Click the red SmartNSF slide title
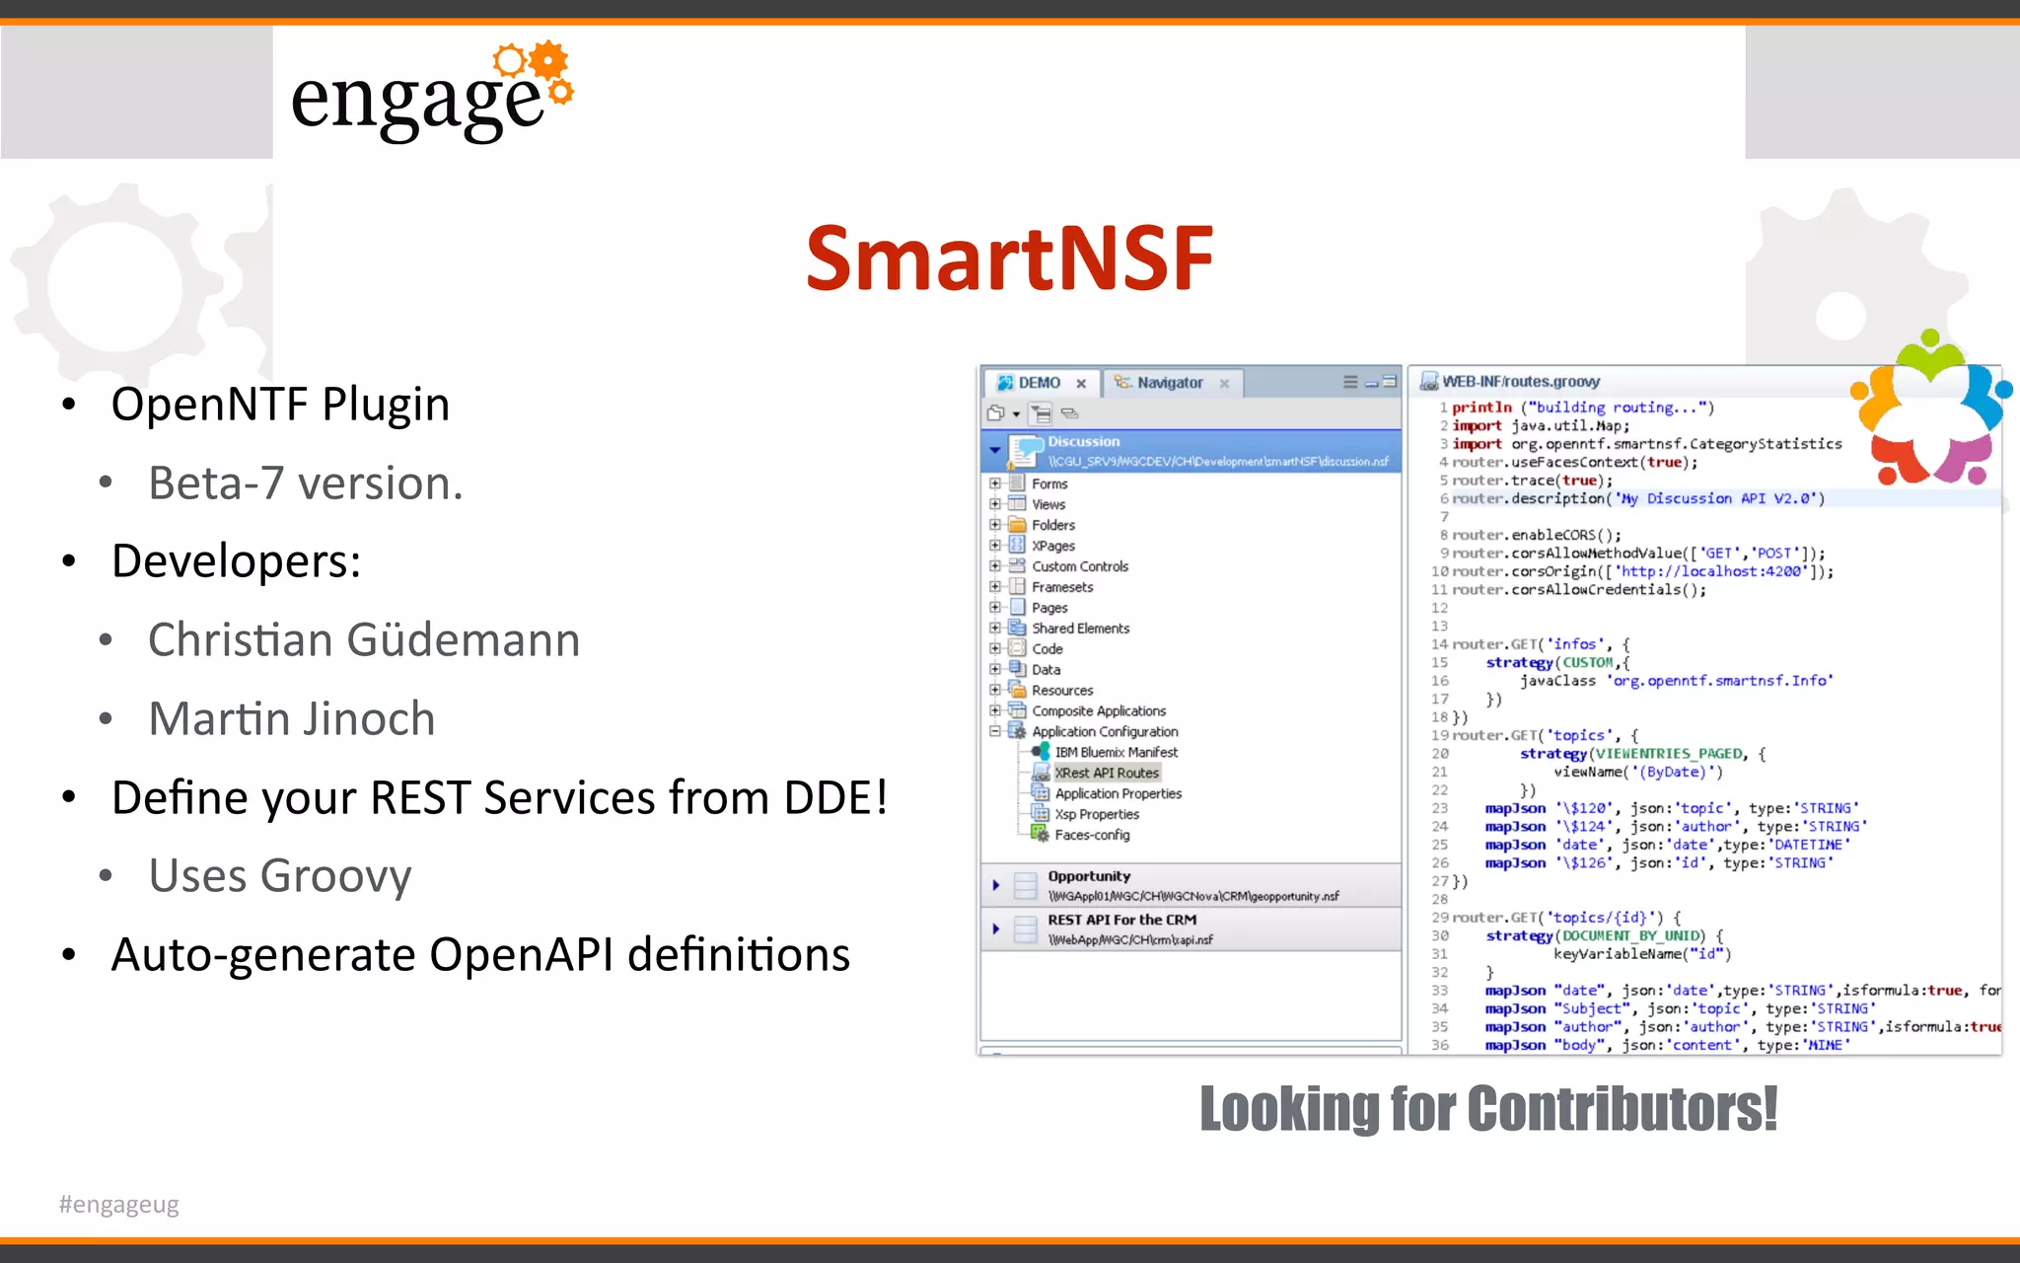pos(1009,259)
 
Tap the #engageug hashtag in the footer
pos(118,1205)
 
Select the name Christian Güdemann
pos(364,639)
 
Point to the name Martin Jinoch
pos(291,718)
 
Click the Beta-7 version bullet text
pos(305,483)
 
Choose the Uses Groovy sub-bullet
pos(279,875)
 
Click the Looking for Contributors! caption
pos(1487,1109)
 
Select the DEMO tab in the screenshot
pos(1039,383)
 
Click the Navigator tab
pos(1169,383)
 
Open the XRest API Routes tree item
pos(1107,773)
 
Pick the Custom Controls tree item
pos(1080,566)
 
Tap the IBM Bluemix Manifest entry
pos(1116,752)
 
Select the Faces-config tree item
pos(1092,835)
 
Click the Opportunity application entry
pos(1089,876)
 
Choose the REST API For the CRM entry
pos(1121,920)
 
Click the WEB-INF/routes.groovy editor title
pos(1520,382)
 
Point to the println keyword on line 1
pos(1481,408)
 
